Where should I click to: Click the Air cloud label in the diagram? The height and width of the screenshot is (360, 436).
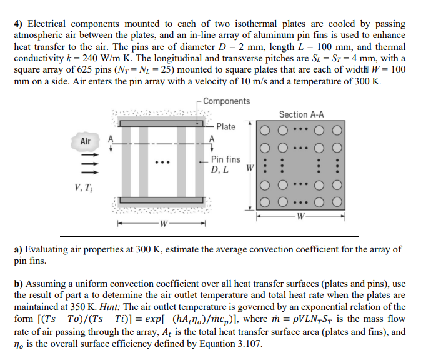86,141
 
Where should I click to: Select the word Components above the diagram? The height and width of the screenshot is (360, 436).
226,101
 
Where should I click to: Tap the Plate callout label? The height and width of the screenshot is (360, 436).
225,127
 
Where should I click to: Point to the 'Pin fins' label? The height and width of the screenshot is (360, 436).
225,159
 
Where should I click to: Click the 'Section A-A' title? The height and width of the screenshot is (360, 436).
301,114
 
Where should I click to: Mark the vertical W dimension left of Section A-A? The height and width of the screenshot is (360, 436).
250,167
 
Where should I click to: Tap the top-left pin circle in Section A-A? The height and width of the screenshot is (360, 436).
265,131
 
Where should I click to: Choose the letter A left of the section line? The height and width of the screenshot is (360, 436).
111,139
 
